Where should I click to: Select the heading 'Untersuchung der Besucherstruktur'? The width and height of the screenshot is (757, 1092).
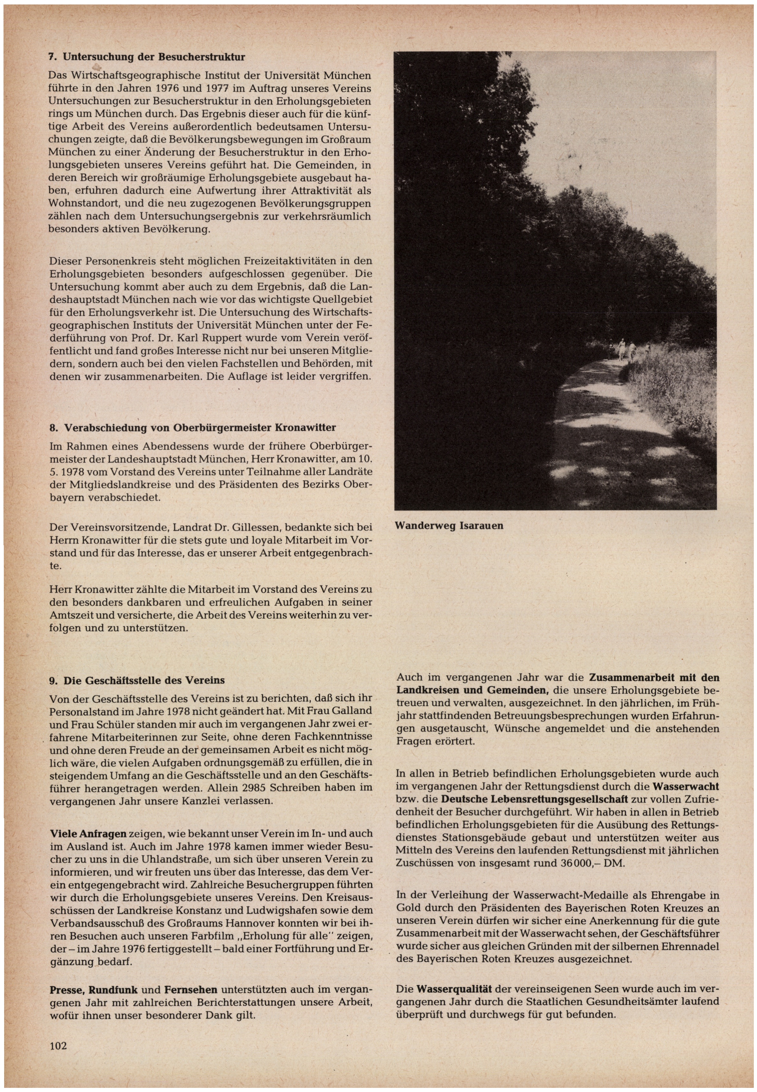coord(154,57)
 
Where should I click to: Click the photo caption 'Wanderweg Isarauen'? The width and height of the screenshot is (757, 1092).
coord(449,526)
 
